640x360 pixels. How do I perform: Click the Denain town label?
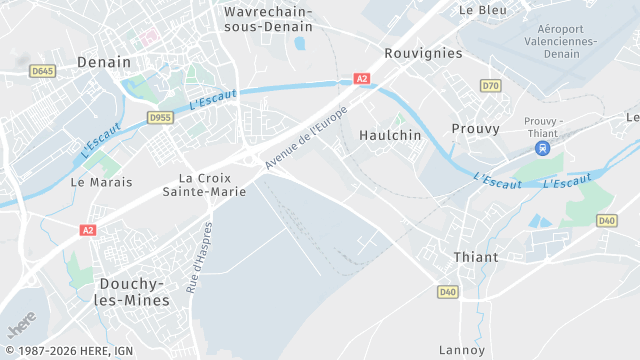tap(104, 62)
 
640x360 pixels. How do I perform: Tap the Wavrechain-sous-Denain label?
tap(268, 19)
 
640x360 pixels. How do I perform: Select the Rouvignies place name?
tap(423, 53)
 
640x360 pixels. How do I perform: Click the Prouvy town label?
tap(475, 129)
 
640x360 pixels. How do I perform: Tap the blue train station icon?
tap(542, 148)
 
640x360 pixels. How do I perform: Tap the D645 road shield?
tap(42, 71)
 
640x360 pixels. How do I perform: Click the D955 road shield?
tap(160, 117)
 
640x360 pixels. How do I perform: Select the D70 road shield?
tap(490, 86)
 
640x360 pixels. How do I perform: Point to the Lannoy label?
tap(462, 350)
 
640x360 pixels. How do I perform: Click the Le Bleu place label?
tap(482, 10)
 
